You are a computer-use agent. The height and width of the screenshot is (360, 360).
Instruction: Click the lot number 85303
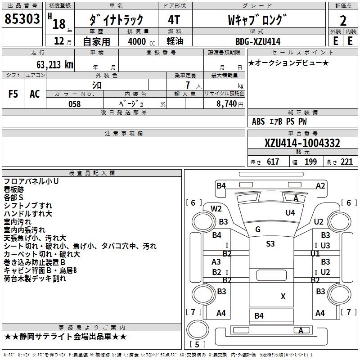point(22,19)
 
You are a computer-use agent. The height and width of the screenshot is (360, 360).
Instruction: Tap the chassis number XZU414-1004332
point(302,144)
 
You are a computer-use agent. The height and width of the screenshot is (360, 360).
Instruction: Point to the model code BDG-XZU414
point(257,41)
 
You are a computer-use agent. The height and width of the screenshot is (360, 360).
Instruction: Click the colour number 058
point(74,104)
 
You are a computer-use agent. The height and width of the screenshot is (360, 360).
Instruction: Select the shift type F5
point(13,94)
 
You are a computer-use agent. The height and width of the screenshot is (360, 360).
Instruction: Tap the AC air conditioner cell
point(35,94)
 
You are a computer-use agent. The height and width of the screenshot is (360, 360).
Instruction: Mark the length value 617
point(273,162)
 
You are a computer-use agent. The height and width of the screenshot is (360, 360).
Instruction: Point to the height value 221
point(346,162)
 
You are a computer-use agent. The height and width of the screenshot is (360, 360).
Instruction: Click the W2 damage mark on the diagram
point(216,208)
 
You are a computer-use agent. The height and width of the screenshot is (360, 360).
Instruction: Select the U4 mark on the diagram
point(290,212)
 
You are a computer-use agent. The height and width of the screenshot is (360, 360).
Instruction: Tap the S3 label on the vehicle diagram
point(270,244)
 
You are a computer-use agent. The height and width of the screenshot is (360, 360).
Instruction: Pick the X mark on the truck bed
point(283,296)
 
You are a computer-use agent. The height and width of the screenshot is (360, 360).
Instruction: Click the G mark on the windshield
point(258,229)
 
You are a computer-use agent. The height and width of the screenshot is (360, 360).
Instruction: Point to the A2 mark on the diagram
point(320,185)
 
